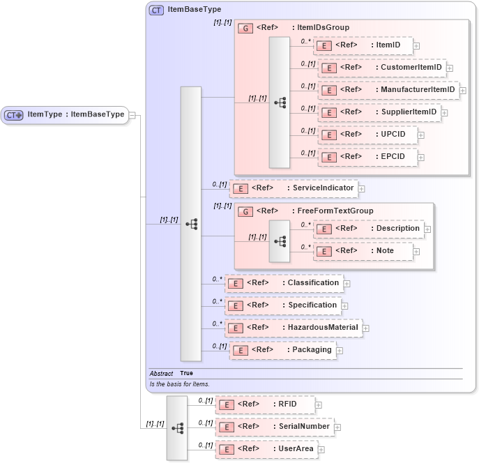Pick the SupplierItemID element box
coord(379,112)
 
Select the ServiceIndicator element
coord(293,188)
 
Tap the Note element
coord(363,251)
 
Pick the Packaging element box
coord(282,350)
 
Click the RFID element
coord(265,404)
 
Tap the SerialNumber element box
coord(274,427)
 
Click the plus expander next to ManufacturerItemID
coord(463,90)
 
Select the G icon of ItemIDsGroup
coord(245,28)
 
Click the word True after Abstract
coord(186,374)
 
